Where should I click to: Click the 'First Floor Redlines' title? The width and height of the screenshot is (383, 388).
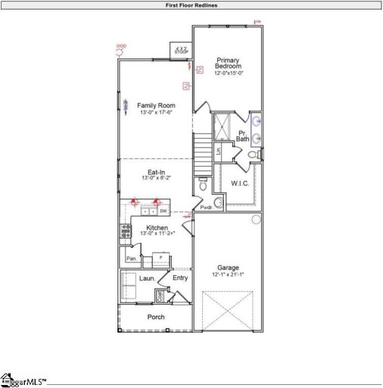pyautogui.click(x=191, y=5)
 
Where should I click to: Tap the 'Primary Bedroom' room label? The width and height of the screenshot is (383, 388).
pyautogui.click(x=228, y=64)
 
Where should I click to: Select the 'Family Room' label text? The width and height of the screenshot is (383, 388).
pyautogui.click(x=157, y=105)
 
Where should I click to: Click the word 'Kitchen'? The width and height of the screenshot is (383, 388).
pyautogui.click(x=157, y=227)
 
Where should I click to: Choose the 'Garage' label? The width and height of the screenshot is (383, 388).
pyautogui.click(x=228, y=268)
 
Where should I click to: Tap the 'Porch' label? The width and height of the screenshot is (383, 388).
pyautogui.click(x=156, y=317)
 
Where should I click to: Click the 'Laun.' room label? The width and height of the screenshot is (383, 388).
pyautogui.click(x=147, y=279)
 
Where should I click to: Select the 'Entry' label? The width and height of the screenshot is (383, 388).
pyautogui.click(x=180, y=278)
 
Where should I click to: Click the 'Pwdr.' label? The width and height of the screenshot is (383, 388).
pyautogui.click(x=206, y=207)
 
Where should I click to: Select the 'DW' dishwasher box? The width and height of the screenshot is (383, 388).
pyautogui.click(x=163, y=211)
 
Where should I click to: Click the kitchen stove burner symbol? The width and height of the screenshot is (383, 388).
pyautogui.click(x=124, y=231)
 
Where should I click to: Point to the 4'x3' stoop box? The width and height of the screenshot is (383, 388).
pyautogui.click(x=181, y=50)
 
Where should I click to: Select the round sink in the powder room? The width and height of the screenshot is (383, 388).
pyautogui.click(x=218, y=202)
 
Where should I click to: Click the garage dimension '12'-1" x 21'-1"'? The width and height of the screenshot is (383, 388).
pyautogui.click(x=228, y=275)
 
